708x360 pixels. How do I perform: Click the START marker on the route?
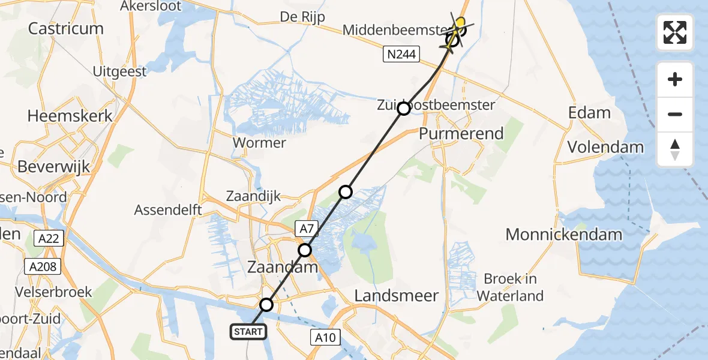point(247,331)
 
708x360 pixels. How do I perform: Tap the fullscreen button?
point(675,32)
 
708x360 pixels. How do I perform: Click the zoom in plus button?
point(675,79)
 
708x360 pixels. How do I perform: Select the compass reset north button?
point(675,149)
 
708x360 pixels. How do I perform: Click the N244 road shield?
point(401,55)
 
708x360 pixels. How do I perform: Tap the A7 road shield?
point(305,227)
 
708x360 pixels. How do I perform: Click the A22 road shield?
point(48,239)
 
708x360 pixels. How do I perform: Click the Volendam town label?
point(605,147)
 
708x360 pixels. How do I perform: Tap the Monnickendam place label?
point(563,235)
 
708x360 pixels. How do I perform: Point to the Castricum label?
point(66,28)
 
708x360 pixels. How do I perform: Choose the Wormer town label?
point(259,143)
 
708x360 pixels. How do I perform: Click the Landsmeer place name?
point(397,295)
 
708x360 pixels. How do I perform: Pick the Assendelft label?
point(168,210)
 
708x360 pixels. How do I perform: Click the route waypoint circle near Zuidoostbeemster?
point(404,109)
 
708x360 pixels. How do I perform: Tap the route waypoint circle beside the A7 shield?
point(305,250)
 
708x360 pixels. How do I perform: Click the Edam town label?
point(589,113)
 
